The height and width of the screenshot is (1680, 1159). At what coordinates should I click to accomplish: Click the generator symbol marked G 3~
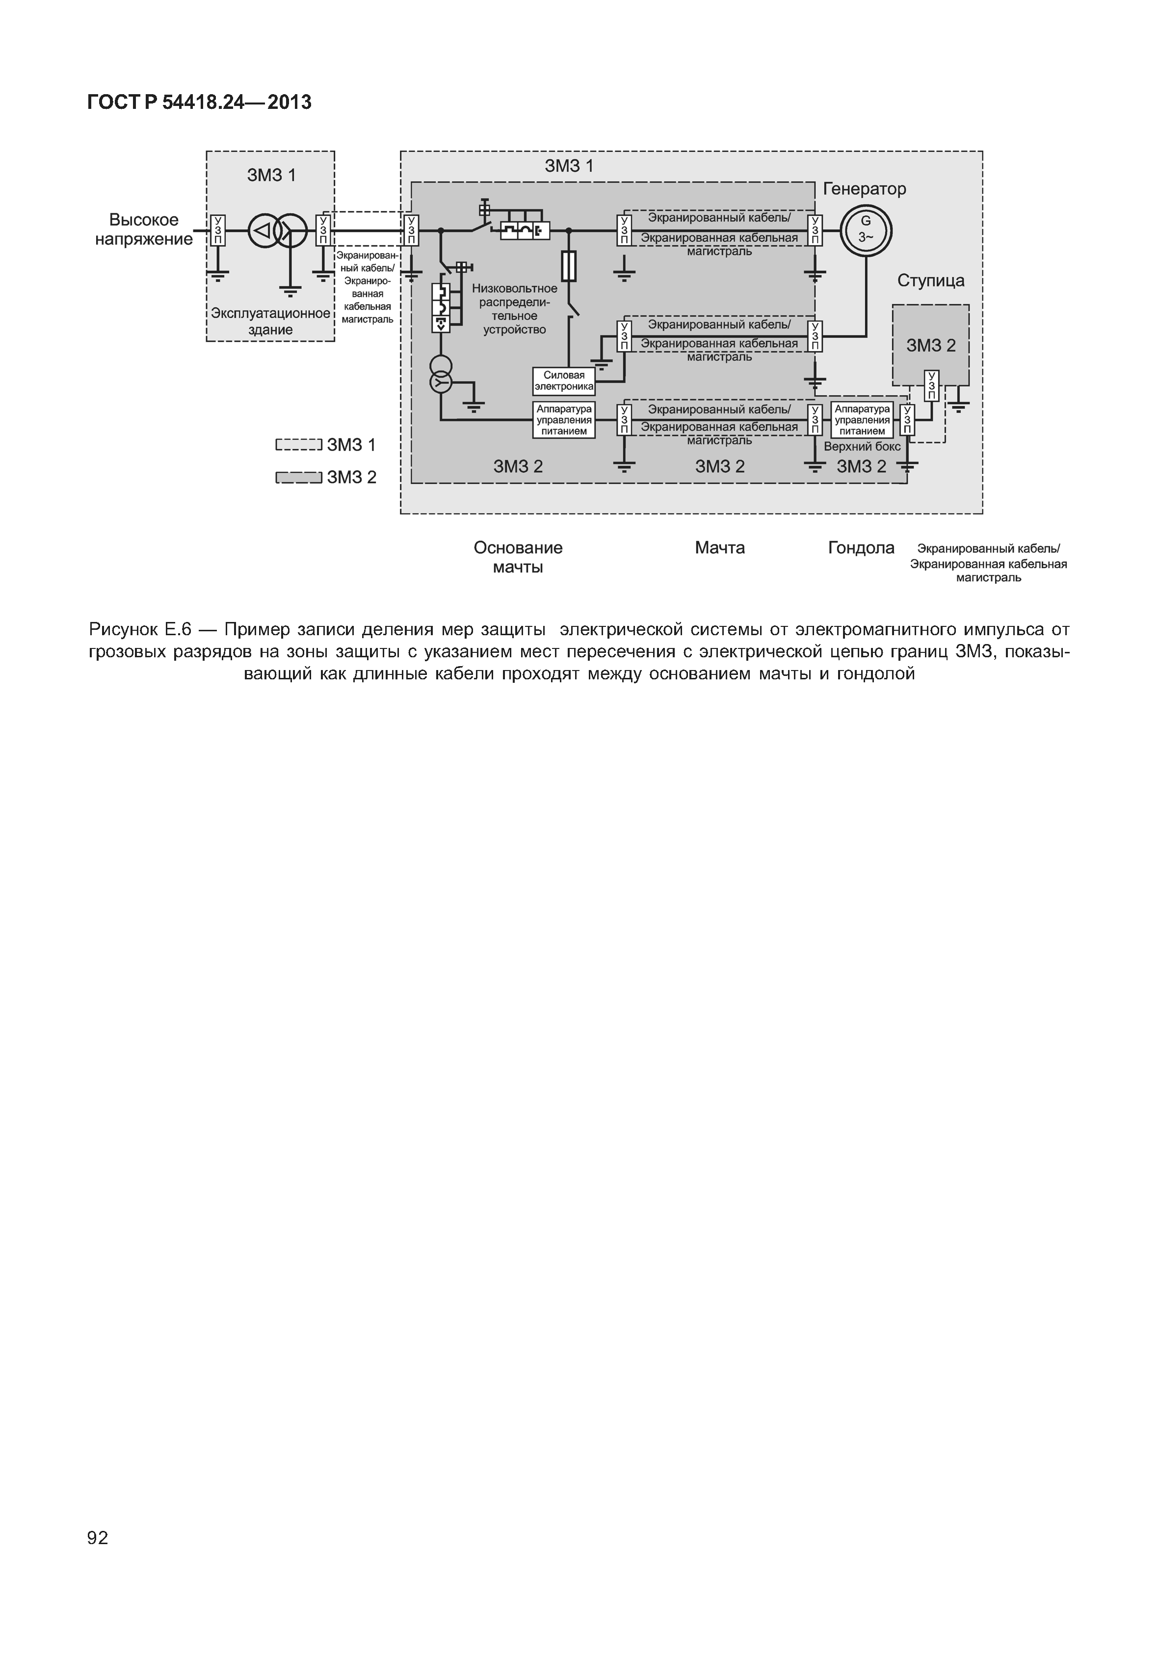coord(866,232)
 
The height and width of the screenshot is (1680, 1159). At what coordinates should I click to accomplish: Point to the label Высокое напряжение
coord(144,230)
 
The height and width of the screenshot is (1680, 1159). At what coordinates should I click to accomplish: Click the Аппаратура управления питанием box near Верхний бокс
coord(862,420)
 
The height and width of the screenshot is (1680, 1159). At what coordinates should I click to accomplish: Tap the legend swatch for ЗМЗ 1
coord(298,445)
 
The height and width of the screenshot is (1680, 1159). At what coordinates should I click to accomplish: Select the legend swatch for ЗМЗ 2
coord(298,477)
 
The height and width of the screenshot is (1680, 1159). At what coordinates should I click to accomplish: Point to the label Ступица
coord(931,280)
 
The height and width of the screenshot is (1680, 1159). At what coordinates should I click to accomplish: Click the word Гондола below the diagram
coord(861,547)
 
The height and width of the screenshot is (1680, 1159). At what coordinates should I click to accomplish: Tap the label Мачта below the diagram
coord(720,547)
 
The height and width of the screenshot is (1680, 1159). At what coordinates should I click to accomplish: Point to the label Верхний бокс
coord(862,446)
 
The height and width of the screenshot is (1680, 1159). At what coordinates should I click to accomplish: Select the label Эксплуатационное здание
coord(270,321)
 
